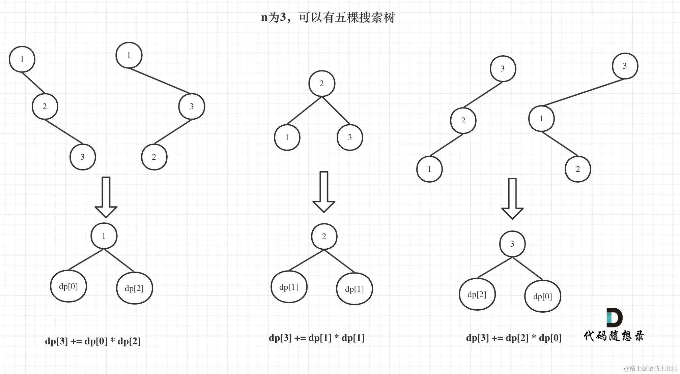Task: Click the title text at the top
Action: click(x=328, y=17)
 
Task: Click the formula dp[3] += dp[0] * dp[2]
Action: click(x=93, y=341)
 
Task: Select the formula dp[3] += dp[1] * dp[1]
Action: click(x=316, y=338)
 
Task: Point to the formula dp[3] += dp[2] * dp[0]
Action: click(x=514, y=338)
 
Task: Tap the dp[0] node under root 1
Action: click(x=68, y=286)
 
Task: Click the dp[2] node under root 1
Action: click(x=134, y=288)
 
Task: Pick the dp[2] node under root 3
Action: click(x=477, y=294)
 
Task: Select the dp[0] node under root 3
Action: click(x=543, y=297)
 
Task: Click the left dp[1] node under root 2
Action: click(x=289, y=287)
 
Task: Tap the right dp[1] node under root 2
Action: click(x=355, y=289)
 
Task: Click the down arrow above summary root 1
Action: click(x=106, y=197)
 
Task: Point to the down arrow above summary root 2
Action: click(x=324, y=192)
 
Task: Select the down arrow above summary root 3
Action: click(x=512, y=199)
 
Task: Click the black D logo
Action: click(x=614, y=317)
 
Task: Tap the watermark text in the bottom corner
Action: click(x=651, y=368)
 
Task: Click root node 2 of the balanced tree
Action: click(x=322, y=84)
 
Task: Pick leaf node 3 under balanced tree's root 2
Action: click(x=350, y=137)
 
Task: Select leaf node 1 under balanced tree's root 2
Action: click(x=287, y=137)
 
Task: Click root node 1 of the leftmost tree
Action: click(x=22, y=59)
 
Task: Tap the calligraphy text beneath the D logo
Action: click(x=614, y=336)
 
